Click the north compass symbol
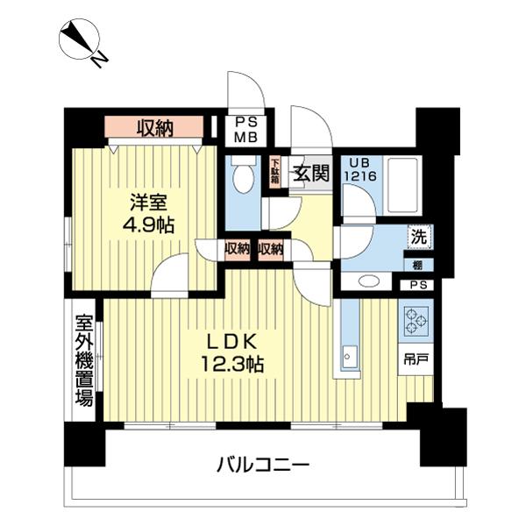click(81, 40)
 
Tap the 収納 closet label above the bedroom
click(154, 128)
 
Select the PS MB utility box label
click(241, 130)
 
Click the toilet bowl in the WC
click(243, 178)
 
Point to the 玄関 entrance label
click(310, 173)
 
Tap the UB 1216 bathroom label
click(361, 168)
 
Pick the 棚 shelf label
click(419, 264)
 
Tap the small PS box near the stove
click(417, 285)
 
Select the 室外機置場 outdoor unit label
click(83, 359)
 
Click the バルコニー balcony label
click(263, 465)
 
